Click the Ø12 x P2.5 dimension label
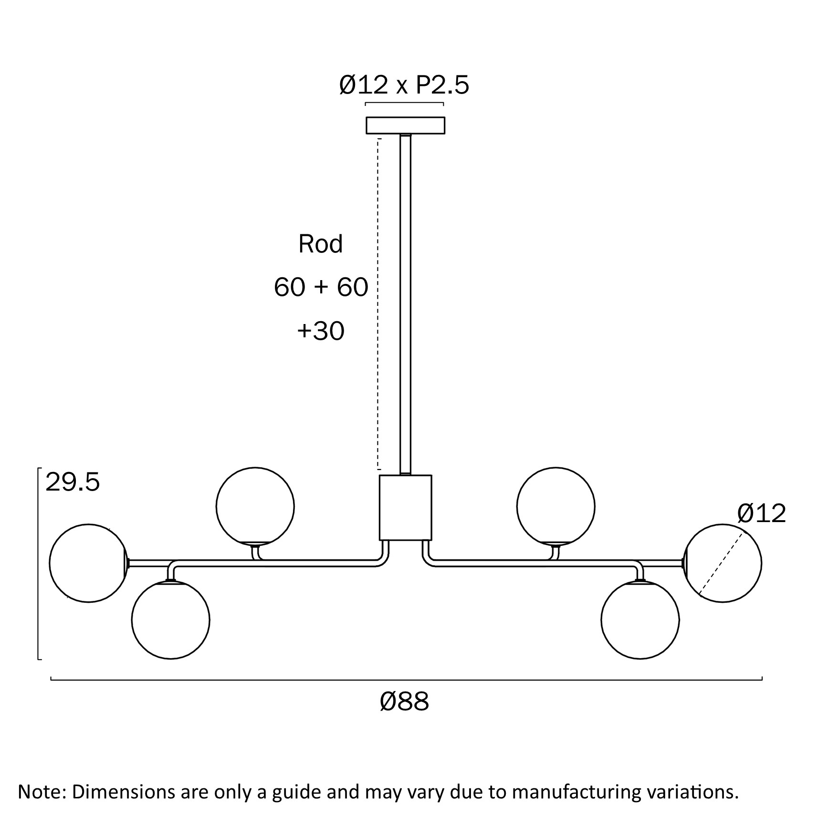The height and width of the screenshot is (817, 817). tap(404, 85)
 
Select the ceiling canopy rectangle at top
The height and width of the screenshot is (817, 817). tap(405, 126)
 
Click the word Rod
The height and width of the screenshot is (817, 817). tap(320, 244)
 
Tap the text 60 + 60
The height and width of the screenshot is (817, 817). tap(321, 287)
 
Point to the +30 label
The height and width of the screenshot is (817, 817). tap(321, 331)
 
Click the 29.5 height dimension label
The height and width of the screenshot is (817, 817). tap(73, 482)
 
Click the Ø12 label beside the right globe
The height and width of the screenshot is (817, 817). tap(761, 514)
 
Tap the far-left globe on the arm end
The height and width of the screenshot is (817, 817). tap(88, 563)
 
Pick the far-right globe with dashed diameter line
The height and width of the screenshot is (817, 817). tap(723, 563)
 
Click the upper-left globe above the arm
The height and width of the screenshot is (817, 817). tap(255, 506)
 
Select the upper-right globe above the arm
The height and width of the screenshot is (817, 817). tap(555, 506)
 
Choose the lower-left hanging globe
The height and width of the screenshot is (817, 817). tap(170, 620)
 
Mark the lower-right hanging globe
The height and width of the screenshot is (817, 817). tap(640, 620)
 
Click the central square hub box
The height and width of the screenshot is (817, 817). tap(405, 507)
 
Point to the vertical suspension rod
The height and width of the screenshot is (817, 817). tap(405, 305)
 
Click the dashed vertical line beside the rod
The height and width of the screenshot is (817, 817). tap(378, 305)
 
